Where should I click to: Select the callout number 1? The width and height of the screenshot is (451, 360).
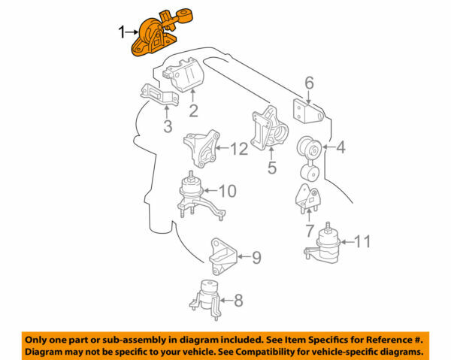[121, 32]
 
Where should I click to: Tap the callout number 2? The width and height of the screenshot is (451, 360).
[193, 113]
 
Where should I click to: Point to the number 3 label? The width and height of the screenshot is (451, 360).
[168, 126]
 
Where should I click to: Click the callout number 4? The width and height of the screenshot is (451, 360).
[340, 148]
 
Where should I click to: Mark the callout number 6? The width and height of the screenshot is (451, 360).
[308, 83]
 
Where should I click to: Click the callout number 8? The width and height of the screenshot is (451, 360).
[238, 301]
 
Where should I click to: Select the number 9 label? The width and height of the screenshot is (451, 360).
[256, 258]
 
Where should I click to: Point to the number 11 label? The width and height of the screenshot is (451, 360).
[362, 241]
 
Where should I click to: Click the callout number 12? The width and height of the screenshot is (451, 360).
[238, 149]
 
